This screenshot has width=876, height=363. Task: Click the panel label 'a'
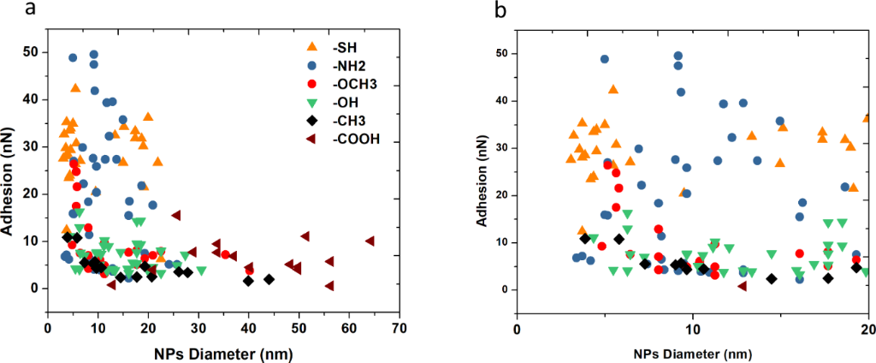coord(9,9)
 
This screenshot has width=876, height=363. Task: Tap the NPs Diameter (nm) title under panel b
coord(692,351)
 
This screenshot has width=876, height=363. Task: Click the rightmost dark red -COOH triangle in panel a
coord(370,241)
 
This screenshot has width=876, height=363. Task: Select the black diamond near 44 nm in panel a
coord(269,279)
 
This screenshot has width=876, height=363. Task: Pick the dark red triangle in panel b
coord(743,285)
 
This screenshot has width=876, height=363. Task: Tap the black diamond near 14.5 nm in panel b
coord(771,278)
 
